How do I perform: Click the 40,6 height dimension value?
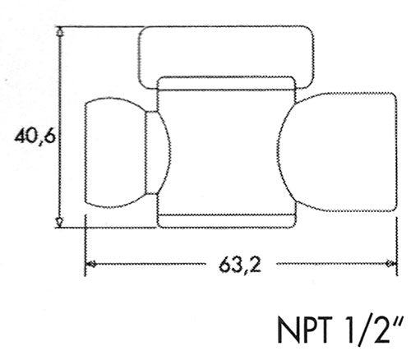tap(35, 136)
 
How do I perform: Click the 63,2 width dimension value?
tap(240, 265)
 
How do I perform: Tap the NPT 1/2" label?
tap(341, 330)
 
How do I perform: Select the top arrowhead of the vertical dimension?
tap(60, 32)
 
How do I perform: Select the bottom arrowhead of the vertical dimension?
tap(59, 222)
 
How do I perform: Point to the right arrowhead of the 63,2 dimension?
tap(391, 264)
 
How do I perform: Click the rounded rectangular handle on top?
tap(226, 28)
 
